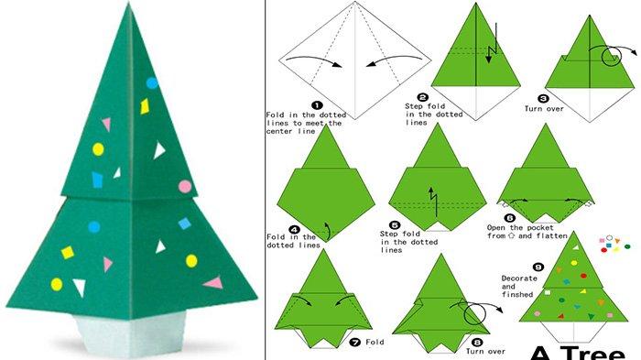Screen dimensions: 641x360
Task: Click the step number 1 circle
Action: coord(317,105)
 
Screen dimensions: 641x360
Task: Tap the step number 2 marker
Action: coord(423,97)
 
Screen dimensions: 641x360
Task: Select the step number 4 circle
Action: coord(294,230)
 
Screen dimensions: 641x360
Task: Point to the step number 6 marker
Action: coord(509,218)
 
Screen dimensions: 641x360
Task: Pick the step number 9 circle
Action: coord(538,267)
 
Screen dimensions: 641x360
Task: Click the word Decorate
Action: coord(519,278)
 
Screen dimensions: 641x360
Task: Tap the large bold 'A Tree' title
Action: coord(578,353)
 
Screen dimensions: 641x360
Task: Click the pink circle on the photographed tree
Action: coord(185,187)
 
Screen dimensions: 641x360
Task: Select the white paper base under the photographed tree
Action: coord(131,331)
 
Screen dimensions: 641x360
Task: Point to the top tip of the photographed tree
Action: coord(129,3)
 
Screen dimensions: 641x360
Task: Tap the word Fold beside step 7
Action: coord(375,342)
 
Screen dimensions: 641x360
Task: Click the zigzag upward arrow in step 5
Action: coord(433,202)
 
